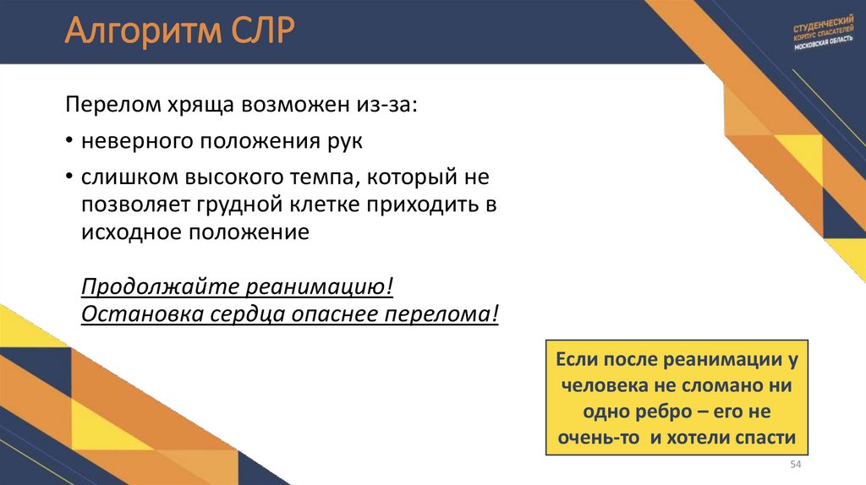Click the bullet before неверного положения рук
coord(69,142)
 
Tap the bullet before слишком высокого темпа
coord(69,178)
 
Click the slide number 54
coord(795,466)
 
